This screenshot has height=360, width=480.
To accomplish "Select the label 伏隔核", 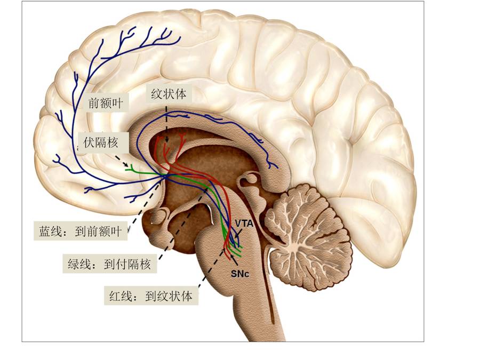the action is [x=105, y=142].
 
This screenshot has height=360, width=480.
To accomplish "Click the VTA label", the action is [x=244, y=222].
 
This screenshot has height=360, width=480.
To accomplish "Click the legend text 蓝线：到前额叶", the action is [x=81, y=231].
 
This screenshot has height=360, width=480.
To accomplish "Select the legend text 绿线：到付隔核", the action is [x=110, y=263].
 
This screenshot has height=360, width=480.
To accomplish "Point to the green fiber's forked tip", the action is [x=130, y=170].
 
